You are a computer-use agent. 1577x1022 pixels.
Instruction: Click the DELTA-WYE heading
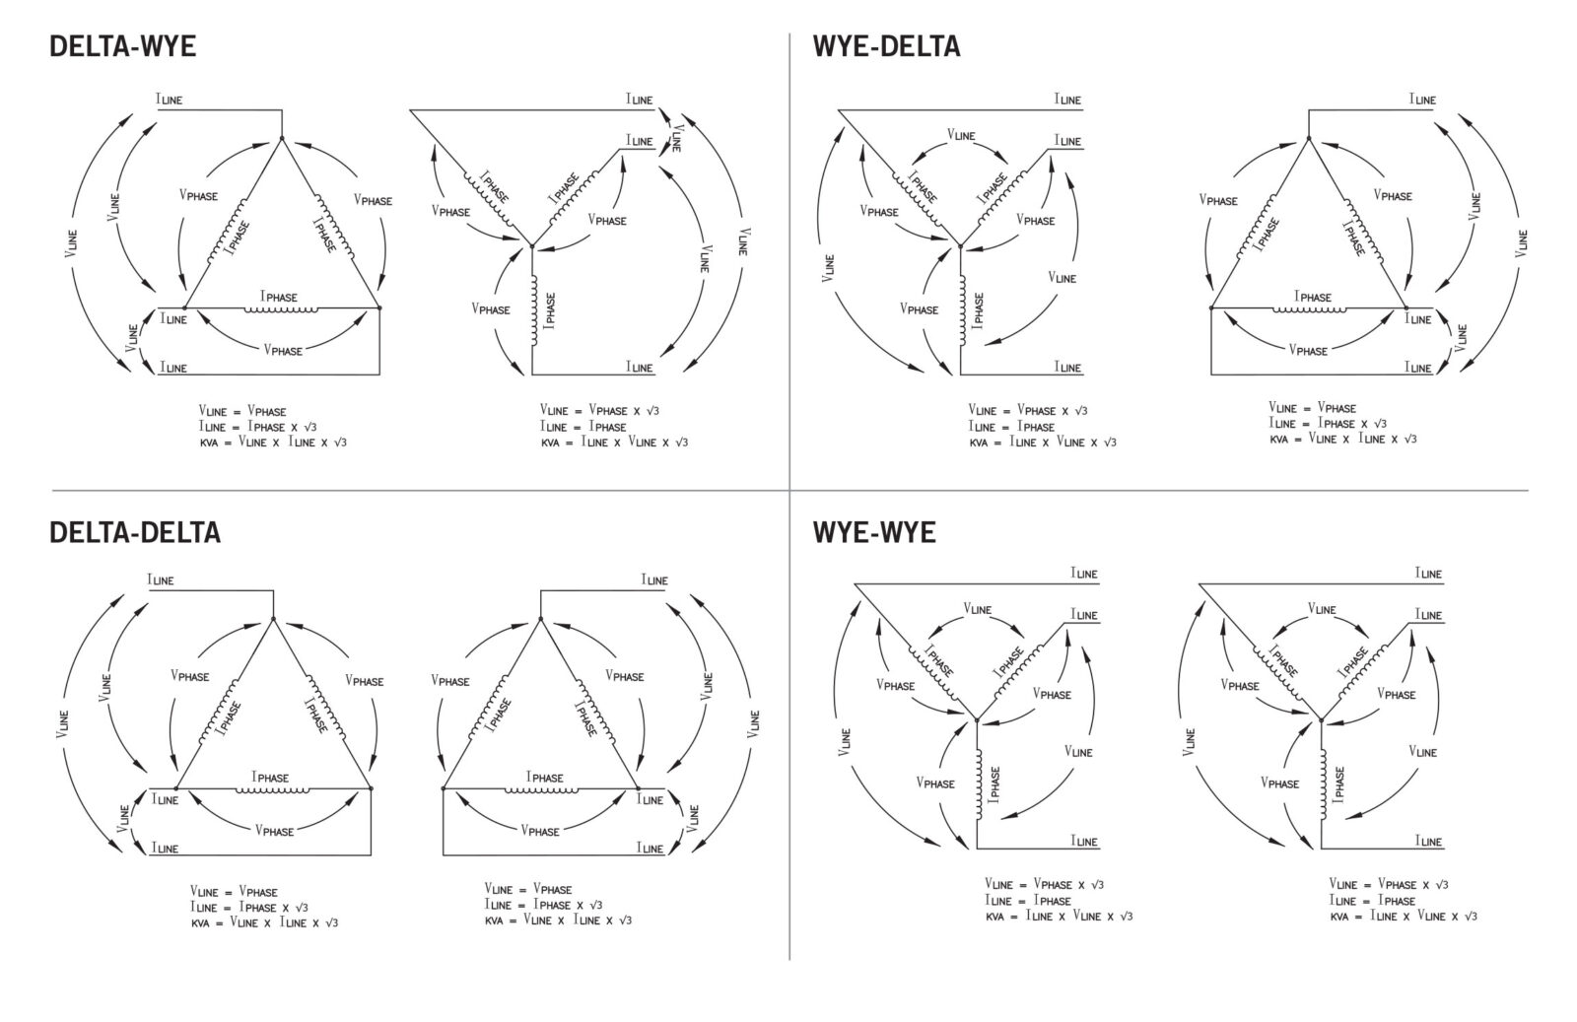tap(122, 46)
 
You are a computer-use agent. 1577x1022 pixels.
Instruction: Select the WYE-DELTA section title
tap(886, 46)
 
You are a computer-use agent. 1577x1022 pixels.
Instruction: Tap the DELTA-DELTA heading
tap(135, 533)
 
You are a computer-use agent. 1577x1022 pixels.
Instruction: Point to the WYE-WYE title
tap(874, 533)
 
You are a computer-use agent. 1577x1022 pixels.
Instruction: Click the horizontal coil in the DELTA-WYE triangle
tap(281, 309)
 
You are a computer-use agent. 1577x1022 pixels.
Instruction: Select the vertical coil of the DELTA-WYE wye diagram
tap(534, 309)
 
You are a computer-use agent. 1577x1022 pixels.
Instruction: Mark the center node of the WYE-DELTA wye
tap(960, 246)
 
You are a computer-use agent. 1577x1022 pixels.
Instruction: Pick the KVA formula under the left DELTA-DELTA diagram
tap(264, 922)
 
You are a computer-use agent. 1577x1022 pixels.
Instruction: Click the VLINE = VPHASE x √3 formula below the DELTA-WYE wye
tap(599, 410)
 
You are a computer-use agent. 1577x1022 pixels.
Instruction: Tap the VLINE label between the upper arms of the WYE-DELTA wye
tap(961, 134)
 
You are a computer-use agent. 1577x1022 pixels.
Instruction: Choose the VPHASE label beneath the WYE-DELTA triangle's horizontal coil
tap(1308, 350)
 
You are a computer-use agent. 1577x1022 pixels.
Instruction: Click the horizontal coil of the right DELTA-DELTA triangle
tap(541, 790)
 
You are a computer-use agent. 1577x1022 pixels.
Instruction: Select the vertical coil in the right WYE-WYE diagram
tap(1324, 784)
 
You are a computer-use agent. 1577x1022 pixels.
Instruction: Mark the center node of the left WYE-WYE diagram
tap(977, 720)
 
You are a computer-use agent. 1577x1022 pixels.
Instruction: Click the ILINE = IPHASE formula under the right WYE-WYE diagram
tap(1372, 900)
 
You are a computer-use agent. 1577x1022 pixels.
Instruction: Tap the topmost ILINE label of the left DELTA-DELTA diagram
tap(160, 579)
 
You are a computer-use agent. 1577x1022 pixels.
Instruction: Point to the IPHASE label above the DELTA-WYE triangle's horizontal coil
tap(279, 297)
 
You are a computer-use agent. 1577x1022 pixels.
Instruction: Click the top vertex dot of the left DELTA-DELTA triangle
tap(273, 619)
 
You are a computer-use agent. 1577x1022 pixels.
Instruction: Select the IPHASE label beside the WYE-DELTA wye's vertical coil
tap(977, 310)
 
